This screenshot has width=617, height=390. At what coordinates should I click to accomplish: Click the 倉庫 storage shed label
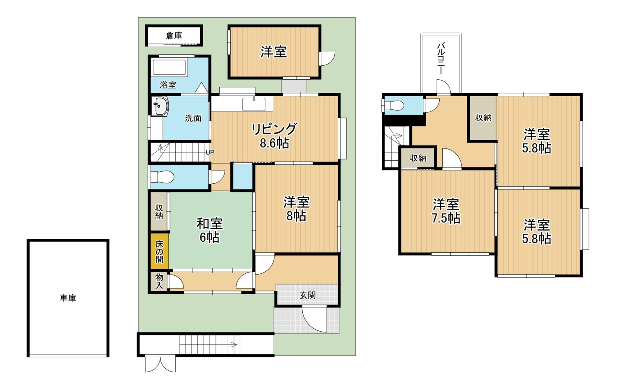click(174, 35)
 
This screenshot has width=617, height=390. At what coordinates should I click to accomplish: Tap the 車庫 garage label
click(68, 298)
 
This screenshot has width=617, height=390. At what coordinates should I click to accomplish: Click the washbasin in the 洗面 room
click(160, 106)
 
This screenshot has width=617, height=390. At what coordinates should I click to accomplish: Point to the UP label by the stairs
click(210, 152)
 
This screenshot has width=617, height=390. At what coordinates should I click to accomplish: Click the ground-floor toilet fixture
click(162, 177)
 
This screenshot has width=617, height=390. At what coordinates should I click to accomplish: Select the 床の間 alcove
click(159, 251)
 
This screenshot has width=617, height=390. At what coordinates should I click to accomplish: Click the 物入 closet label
click(159, 281)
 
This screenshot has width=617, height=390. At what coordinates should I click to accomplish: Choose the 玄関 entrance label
click(307, 295)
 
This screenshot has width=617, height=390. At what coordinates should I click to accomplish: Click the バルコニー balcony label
click(441, 58)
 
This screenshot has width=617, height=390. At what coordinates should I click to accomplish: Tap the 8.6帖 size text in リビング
click(274, 143)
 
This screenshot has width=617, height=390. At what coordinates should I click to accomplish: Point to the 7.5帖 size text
click(445, 218)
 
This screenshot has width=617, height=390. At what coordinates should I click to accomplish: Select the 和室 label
click(209, 224)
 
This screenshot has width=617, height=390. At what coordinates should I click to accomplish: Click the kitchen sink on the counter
click(254, 104)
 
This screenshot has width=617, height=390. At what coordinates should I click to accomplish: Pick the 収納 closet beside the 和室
click(159, 211)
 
